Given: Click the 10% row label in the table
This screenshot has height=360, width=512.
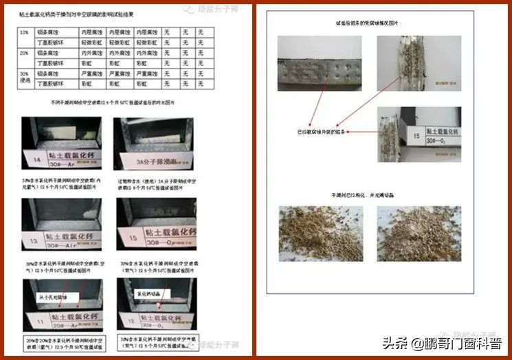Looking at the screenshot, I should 24,32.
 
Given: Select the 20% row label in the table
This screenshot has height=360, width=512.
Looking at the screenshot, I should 24,53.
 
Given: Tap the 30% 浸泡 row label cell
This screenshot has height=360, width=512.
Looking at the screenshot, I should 24,78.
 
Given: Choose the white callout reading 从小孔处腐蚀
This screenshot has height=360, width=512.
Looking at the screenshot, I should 55,297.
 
